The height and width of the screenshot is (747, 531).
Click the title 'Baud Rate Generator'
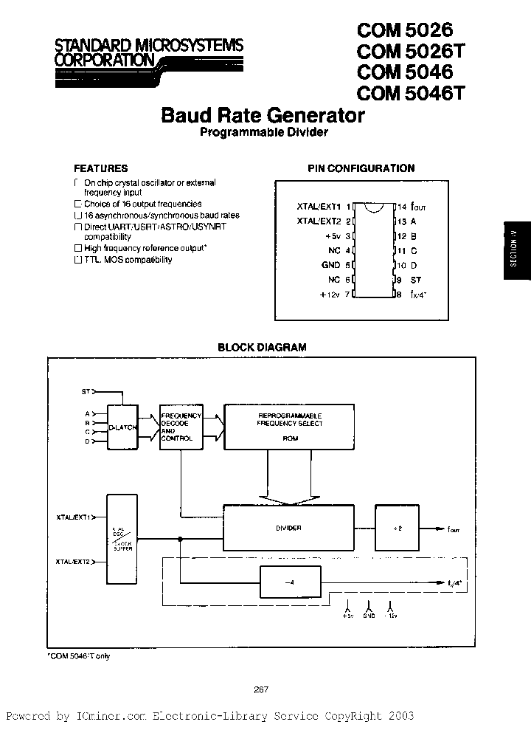(x=263, y=116)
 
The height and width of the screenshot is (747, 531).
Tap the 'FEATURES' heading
(x=101, y=168)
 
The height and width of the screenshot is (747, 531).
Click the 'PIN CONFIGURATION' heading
(x=361, y=168)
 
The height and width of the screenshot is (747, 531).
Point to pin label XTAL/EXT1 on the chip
(x=319, y=207)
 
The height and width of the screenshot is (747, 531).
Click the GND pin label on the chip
(x=331, y=265)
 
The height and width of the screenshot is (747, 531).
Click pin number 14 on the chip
(x=402, y=207)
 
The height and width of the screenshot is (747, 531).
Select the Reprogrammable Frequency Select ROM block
(x=290, y=426)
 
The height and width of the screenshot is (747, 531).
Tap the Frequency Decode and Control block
(x=178, y=427)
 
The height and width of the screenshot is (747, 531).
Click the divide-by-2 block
(x=397, y=528)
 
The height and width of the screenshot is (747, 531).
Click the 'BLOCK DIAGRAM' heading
(x=262, y=347)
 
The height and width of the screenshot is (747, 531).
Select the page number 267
(x=260, y=689)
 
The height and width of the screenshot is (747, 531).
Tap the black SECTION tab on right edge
(x=516, y=251)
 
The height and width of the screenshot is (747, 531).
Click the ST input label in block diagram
(x=85, y=391)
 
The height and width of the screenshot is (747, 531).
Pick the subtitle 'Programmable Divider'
(x=263, y=133)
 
